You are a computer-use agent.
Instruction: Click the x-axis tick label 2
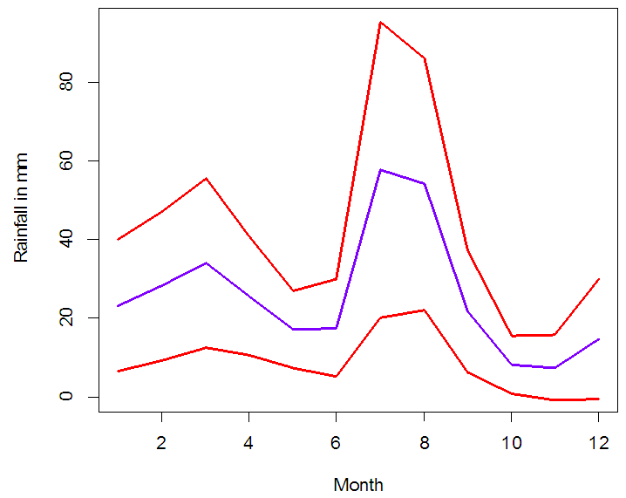(x=161, y=441)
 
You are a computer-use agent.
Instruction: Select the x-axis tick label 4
(x=248, y=441)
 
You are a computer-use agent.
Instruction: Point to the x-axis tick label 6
(x=337, y=441)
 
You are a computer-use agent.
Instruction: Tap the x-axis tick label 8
(x=424, y=441)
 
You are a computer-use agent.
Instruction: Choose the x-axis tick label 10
(x=511, y=441)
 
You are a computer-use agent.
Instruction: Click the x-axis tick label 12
(x=598, y=441)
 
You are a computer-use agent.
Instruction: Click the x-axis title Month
(x=358, y=485)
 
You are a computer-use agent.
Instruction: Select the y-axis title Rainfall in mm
(x=22, y=207)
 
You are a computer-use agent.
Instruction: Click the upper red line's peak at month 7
(x=380, y=22)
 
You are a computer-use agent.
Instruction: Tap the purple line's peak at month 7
(x=380, y=169)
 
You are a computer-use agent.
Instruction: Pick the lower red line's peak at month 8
(x=424, y=310)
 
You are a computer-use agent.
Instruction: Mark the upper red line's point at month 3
(x=205, y=178)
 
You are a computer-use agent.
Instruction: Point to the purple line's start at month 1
(x=118, y=306)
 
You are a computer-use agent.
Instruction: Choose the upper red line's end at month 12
(x=598, y=279)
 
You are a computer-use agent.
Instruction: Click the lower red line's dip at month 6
(x=337, y=377)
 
